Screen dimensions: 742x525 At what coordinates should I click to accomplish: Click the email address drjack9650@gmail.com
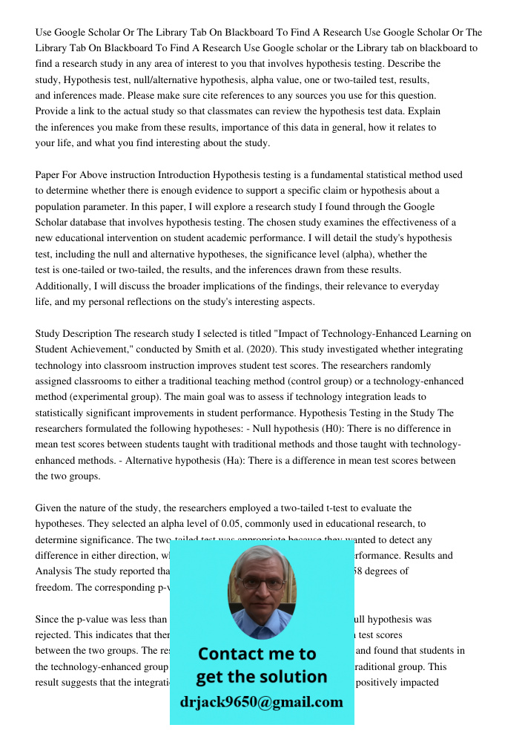pos(262,702)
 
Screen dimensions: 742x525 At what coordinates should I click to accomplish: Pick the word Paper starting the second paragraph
pos(48,175)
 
